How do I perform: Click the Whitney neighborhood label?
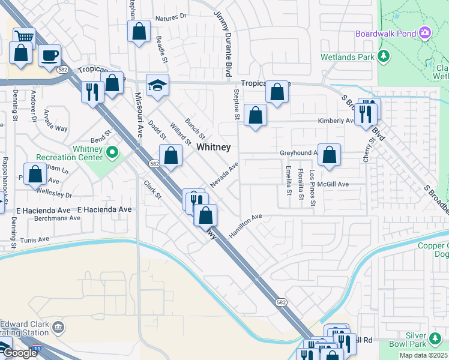(214, 147)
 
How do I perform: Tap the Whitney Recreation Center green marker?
(112, 154)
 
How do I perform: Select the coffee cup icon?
(49, 55)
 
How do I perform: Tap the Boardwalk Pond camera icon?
(426, 32)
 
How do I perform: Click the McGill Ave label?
(335, 184)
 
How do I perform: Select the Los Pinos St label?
(312, 188)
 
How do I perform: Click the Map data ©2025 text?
(424, 356)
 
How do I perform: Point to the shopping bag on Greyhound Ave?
(329, 154)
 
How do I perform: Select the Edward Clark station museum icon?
(58, 328)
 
